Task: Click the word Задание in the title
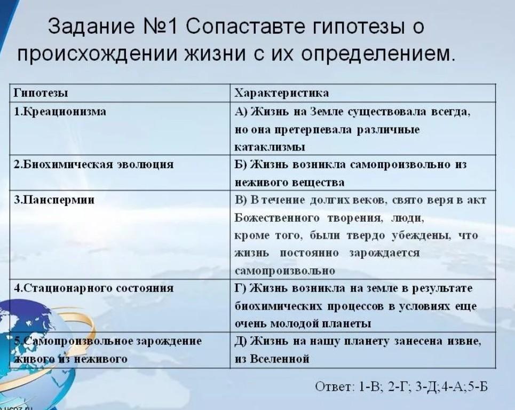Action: (x=91, y=27)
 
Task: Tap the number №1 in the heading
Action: (x=160, y=27)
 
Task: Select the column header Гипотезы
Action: (x=41, y=93)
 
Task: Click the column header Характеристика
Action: (x=281, y=93)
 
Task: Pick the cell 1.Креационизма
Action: (x=60, y=112)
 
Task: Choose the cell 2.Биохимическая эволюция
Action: (x=93, y=164)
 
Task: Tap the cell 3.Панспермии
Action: (x=54, y=200)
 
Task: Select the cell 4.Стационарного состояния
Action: (x=93, y=288)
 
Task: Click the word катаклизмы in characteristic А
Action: (x=270, y=147)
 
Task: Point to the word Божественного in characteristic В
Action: (x=277, y=218)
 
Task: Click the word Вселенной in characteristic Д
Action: (x=280, y=358)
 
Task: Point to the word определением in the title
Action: (x=378, y=54)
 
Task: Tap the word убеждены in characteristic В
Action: (x=421, y=236)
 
